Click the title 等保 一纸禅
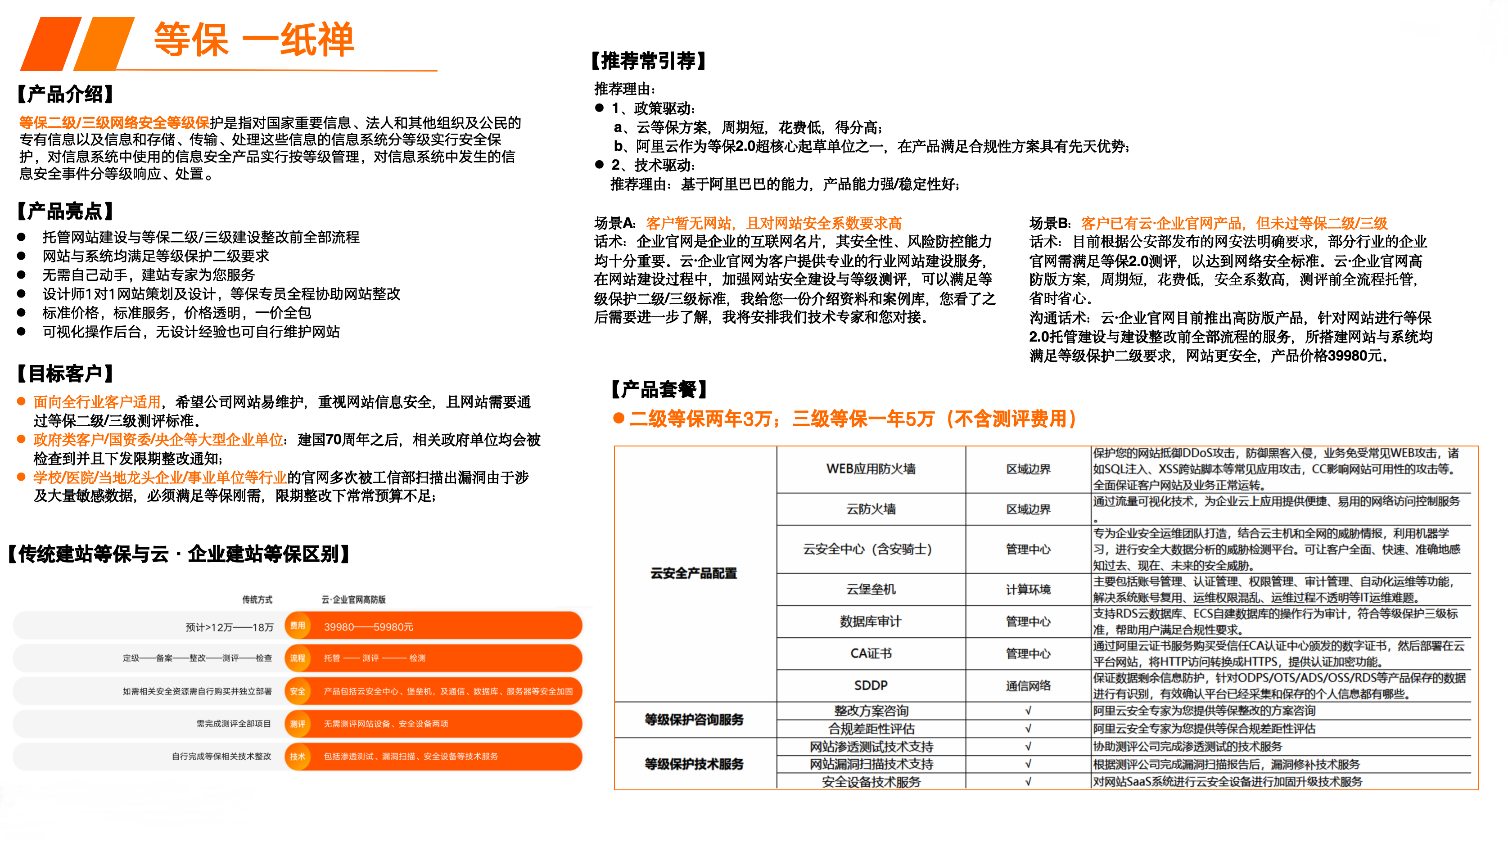pyautogui.click(x=253, y=40)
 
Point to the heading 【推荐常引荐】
pyautogui.click(x=648, y=60)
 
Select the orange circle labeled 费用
pyautogui.click(x=298, y=626)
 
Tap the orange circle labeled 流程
pyautogui.click(x=298, y=658)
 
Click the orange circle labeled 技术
pyautogui.click(x=298, y=756)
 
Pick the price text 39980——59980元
pyautogui.click(x=368, y=627)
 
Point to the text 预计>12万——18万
pyautogui.click(x=230, y=627)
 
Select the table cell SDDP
pyautogui.click(x=871, y=685)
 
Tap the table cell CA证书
pyautogui.click(x=871, y=653)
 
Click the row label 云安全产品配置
pyautogui.click(x=694, y=573)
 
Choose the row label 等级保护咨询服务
pyautogui.click(x=694, y=719)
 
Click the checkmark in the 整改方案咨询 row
pyautogui.click(x=1028, y=711)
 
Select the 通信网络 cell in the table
pyautogui.click(x=1028, y=685)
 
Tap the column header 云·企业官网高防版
pyautogui.click(x=353, y=599)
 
